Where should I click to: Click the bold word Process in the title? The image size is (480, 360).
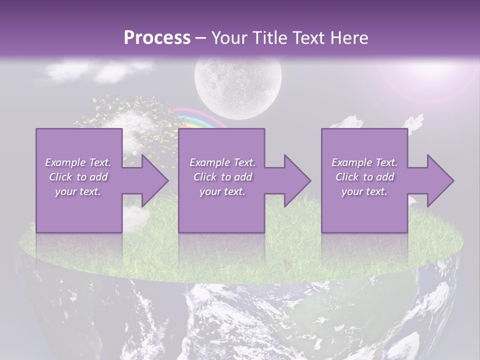[x=157, y=38]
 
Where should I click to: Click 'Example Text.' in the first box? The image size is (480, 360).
[x=78, y=162]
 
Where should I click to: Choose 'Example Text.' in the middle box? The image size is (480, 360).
[x=222, y=162]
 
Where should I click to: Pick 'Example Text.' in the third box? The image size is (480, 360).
[x=364, y=162]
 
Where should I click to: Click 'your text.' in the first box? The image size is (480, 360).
[x=78, y=191]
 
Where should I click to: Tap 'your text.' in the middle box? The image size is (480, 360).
[x=222, y=191]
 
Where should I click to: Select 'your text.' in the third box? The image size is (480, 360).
[x=364, y=191]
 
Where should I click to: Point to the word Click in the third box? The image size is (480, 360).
[x=347, y=177]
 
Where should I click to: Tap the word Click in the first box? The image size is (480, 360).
[x=60, y=177]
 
